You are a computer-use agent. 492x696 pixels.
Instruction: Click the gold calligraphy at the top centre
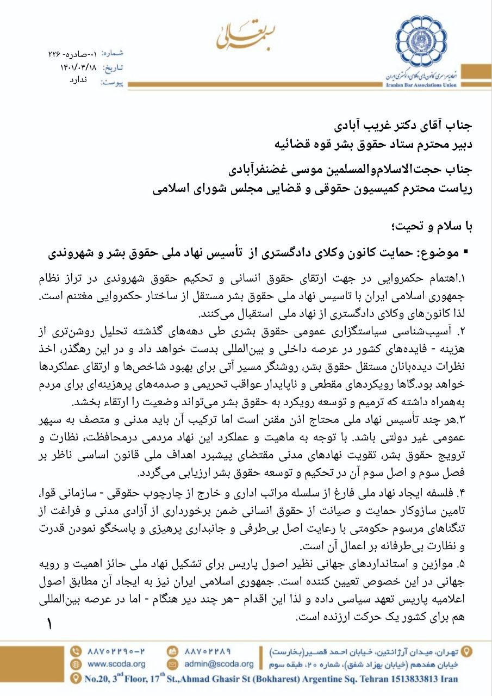(246, 34)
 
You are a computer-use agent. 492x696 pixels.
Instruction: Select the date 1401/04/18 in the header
(79, 67)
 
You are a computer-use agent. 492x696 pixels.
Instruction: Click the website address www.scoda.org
(116, 664)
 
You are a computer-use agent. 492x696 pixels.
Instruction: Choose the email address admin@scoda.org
(219, 664)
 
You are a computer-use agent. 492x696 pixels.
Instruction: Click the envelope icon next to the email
(172, 664)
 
